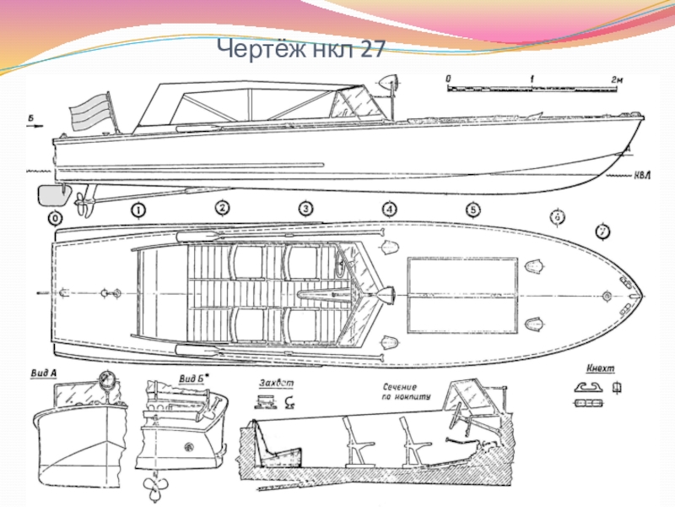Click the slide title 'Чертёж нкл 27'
pyautogui.click(x=300, y=51)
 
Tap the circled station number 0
pyautogui.click(x=56, y=218)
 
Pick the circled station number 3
pyautogui.click(x=305, y=209)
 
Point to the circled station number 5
pyautogui.click(x=472, y=210)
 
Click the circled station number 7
pyautogui.click(x=602, y=230)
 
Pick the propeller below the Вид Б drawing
pyautogui.click(x=154, y=485)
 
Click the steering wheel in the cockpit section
pyautogui.click(x=459, y=418)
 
